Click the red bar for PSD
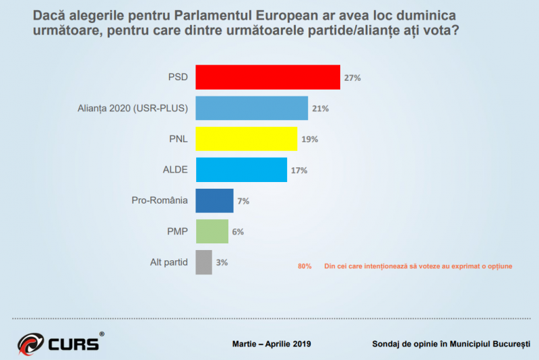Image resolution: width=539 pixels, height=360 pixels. click(267, 78)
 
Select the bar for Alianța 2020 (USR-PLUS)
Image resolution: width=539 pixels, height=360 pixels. click(251, 108)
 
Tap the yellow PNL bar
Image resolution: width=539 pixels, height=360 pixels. click(246, 139)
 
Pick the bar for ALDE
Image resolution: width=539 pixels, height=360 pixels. click(241, 170)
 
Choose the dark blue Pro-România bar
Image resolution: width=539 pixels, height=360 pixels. click(214, 201)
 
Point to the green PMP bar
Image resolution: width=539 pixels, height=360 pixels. click(212, 231)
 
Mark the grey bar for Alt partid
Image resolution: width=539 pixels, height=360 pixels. click(203, 262)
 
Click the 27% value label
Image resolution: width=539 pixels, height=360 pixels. click(352, 78)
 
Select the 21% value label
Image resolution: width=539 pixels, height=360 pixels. click(321, 109)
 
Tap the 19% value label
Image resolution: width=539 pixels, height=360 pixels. click(310, 140)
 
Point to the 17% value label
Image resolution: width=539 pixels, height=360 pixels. click(299, 171)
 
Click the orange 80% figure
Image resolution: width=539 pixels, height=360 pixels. click(305, 266)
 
